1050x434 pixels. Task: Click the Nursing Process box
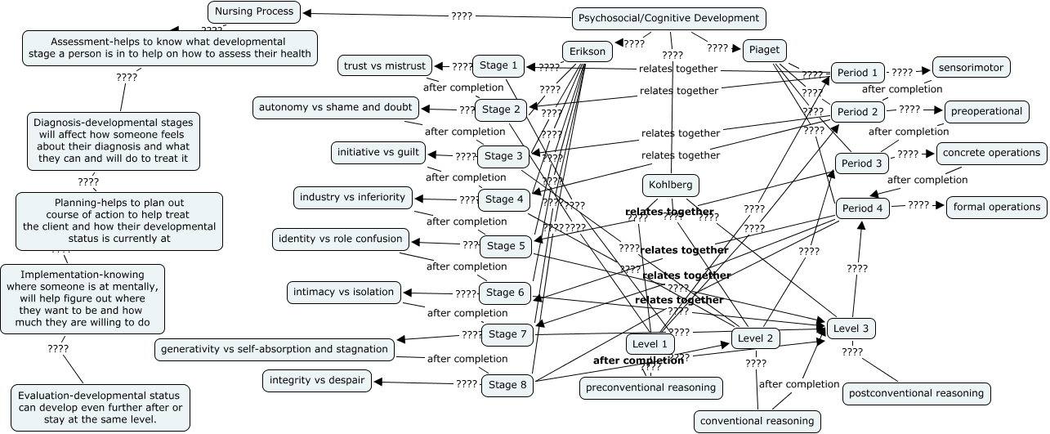coord(255,11)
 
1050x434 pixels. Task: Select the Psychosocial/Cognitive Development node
coord(668,18)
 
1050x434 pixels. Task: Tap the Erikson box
coord(588,51)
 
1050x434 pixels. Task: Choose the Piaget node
coord(764,50)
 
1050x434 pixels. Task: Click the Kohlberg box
coord(671,186)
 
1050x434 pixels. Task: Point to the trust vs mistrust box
coord(385,65)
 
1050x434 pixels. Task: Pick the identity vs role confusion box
coord(341,239)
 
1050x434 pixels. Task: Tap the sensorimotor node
coord(972,67)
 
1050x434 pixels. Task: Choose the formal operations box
coord(997,207)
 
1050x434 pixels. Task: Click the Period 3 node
coord(862,163)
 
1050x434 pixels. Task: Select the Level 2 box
coord(755,338)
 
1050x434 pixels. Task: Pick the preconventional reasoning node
coord(651,387)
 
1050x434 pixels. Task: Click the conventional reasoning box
coord(757,421)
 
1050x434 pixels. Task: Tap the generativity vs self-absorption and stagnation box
coord(275,349)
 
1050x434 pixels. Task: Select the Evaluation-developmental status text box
coord(101,407)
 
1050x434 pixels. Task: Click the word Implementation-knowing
coord(82,275)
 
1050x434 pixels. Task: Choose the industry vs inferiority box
coord(352,197)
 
